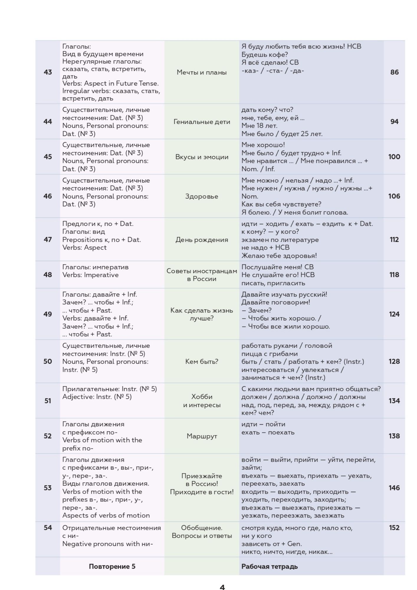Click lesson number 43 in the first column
click(x=48, y=72)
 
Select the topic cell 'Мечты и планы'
click(x=202, y=72)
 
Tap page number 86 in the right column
click(x=394, y=72)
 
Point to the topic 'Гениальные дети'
click(x=202, y=122)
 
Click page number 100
click(x=394, y=157)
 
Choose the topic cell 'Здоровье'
click(x=202, y=196)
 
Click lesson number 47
click(x=48, y=240)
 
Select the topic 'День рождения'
click(x=202, y=240)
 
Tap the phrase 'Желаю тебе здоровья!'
click(x=279, y=256)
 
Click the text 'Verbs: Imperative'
click(x=90, y=275)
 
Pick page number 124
click(x=394, y=314)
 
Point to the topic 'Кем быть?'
click(x=202, y=362)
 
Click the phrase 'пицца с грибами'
click(x=270, y=354)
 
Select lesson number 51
click(x=48, y=401)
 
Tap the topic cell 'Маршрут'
click(x=202, y=436)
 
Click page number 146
click(x=394, y=488)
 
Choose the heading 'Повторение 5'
click(x=112, y=566)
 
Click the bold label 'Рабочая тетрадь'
click(x=270, y=566)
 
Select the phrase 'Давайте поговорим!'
click(x=276, y=302)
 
